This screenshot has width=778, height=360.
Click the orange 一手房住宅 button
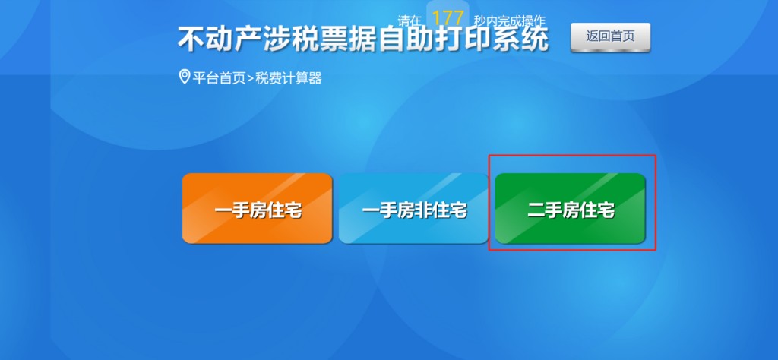click(257, 209)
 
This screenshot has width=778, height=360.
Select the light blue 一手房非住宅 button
click(413, 209)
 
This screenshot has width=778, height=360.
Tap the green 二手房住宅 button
click(570, 209)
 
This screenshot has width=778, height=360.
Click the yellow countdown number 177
click(448, 18)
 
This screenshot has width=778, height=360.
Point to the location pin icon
click(184, 77)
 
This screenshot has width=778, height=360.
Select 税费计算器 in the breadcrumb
click(289, 77)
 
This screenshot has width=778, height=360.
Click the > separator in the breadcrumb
click(251, 78)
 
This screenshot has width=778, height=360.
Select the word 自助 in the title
click(403, 39)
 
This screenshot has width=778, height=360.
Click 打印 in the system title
click(457, 39)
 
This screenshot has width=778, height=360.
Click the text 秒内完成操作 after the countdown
click(509, 21)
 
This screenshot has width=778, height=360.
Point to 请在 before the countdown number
click(410, 21)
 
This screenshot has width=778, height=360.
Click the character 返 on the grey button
click(593, 36)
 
